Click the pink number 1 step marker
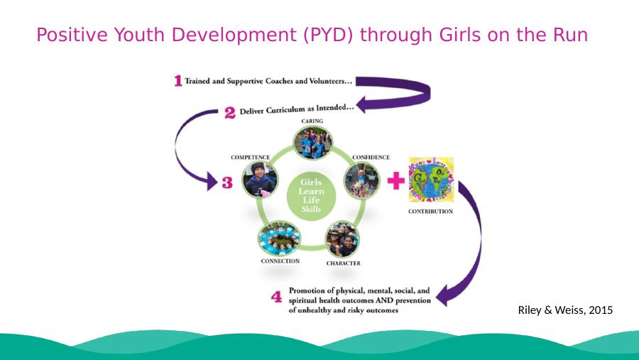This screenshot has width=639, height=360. point(178,81)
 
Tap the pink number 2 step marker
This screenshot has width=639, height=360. point(230,112)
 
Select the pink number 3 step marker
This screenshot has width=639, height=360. point(227,182)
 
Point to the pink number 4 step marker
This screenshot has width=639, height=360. point(276,296)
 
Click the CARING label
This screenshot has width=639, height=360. point(312,121)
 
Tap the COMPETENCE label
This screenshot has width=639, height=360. point(250,158)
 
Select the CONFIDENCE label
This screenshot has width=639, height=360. point(371,158)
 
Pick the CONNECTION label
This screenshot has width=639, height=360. point(280,261)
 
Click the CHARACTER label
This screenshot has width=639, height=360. point(343,263)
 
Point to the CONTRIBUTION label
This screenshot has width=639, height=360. point(430,212)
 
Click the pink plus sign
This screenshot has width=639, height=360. point(395,180)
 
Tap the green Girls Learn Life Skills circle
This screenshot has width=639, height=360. point(312,196)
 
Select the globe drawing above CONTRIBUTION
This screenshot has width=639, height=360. point(431,180)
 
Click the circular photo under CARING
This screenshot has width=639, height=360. point(312,143)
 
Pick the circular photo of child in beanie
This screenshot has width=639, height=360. point(260,180)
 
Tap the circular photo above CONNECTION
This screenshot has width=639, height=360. point(279,239)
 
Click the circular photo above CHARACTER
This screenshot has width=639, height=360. point(342,239)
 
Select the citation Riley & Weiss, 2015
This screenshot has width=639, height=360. point(565,310)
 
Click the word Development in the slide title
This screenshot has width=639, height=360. point(234,35)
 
